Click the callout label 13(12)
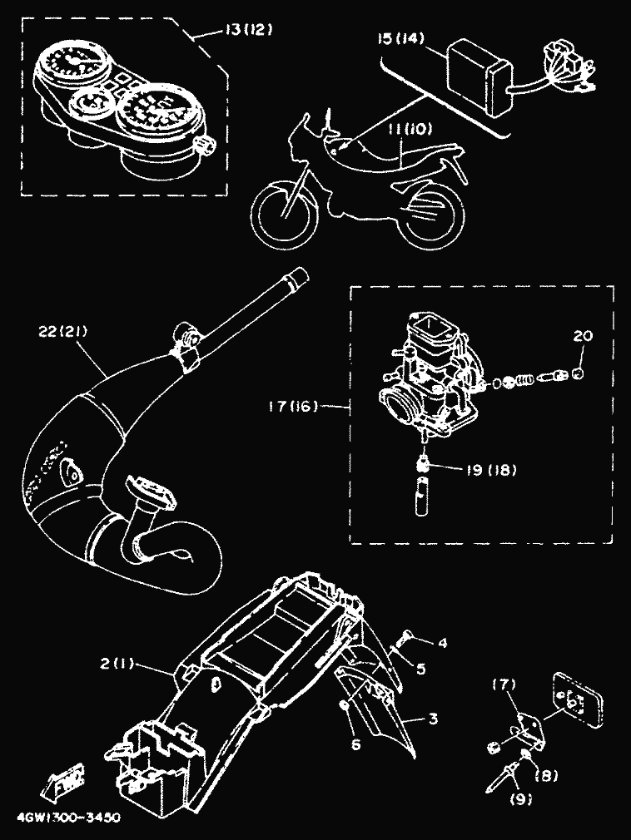point(249,31)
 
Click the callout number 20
point(582,336)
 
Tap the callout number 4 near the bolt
point(442,642)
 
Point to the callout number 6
point(355,745)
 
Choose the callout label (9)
point(527,800)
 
